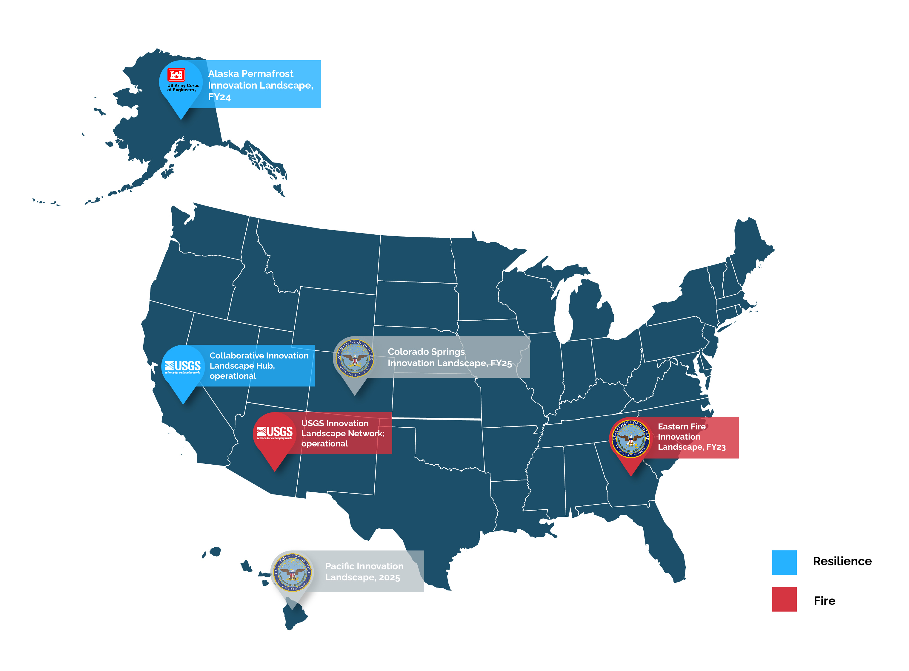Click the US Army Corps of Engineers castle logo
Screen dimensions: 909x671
pos(177,75)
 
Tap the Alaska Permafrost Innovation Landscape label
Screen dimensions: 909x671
pos(260,85)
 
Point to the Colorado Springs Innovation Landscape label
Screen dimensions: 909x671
pos(449,358)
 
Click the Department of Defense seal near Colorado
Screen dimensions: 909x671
pos(354,358)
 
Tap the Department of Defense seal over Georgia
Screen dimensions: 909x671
pos(630,439)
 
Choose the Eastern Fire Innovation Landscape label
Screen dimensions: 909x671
pos(691,437)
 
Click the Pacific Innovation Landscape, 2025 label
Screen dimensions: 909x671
pos(364,571)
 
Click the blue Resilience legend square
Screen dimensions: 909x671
pos(784,562)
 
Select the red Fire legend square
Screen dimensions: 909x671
pos(784,599)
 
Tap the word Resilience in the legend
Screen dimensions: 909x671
pos(842,561)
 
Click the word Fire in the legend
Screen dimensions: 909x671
pos(824,601)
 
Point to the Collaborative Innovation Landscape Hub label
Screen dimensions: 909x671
pos(259,366)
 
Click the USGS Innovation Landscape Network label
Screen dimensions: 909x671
pos(342,433)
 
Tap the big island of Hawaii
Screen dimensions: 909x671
pos(294,615)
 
